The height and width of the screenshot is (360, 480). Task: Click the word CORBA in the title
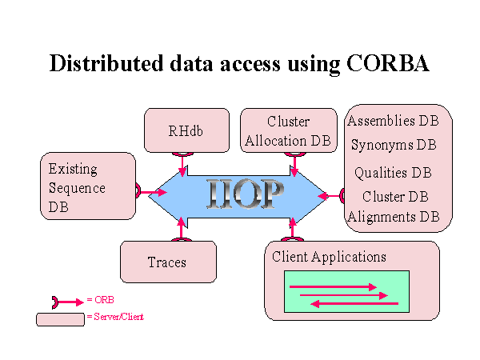[387, 63]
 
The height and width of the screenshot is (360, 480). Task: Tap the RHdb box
[186, 130]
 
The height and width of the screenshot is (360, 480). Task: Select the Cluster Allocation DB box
[289, 130]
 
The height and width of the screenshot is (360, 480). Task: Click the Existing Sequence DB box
[88, 186]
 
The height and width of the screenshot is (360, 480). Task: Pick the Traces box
[168, 262]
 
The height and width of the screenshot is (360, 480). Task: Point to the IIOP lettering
[245, 194]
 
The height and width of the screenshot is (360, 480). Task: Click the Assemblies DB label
[393, 121]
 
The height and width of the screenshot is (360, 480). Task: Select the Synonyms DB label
[394, 145]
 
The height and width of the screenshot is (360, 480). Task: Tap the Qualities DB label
[393, 173]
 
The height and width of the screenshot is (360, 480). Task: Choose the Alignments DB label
[394, 217]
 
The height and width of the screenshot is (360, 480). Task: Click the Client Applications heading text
[329, 257]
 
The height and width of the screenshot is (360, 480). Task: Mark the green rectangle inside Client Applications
[347, 291]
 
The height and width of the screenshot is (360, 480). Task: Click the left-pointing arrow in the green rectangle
[354, 304]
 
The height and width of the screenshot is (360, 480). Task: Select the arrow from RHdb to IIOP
[182, 165]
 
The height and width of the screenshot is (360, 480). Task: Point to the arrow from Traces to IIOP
[182, 228]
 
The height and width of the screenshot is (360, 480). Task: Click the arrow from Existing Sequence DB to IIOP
[152, 192]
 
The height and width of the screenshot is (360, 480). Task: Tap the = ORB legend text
[101, 300]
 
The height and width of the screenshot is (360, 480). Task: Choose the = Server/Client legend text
[115, 317]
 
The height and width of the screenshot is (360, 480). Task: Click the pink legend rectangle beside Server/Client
[60, 319]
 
